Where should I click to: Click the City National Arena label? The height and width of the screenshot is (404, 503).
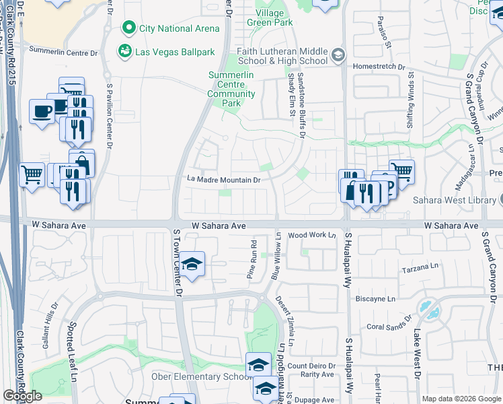click(x=179, y=28)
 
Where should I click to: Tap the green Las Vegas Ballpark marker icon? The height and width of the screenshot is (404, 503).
click(x=124, y=51)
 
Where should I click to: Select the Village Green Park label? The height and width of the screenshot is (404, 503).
click(x=274, y=18)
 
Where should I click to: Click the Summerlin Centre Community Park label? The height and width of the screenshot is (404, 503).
click(x=231, y=89)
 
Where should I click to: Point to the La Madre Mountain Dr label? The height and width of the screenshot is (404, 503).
click(x=223, y=180)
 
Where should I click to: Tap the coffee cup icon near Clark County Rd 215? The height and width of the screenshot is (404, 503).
click(x=42, y=110)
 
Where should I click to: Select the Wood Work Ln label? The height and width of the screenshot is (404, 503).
click(x=311, y=236)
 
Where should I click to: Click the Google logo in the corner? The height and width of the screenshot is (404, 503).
click(x=22, y=396)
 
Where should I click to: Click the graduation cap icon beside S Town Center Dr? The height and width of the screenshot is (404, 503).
click(x=192, y=265)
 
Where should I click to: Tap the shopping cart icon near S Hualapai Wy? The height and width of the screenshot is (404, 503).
click(x=401, y=171)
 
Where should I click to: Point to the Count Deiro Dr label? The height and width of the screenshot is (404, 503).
click(x=311, y=366)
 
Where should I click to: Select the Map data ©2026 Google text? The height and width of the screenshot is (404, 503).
click(x=461, y=399)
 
